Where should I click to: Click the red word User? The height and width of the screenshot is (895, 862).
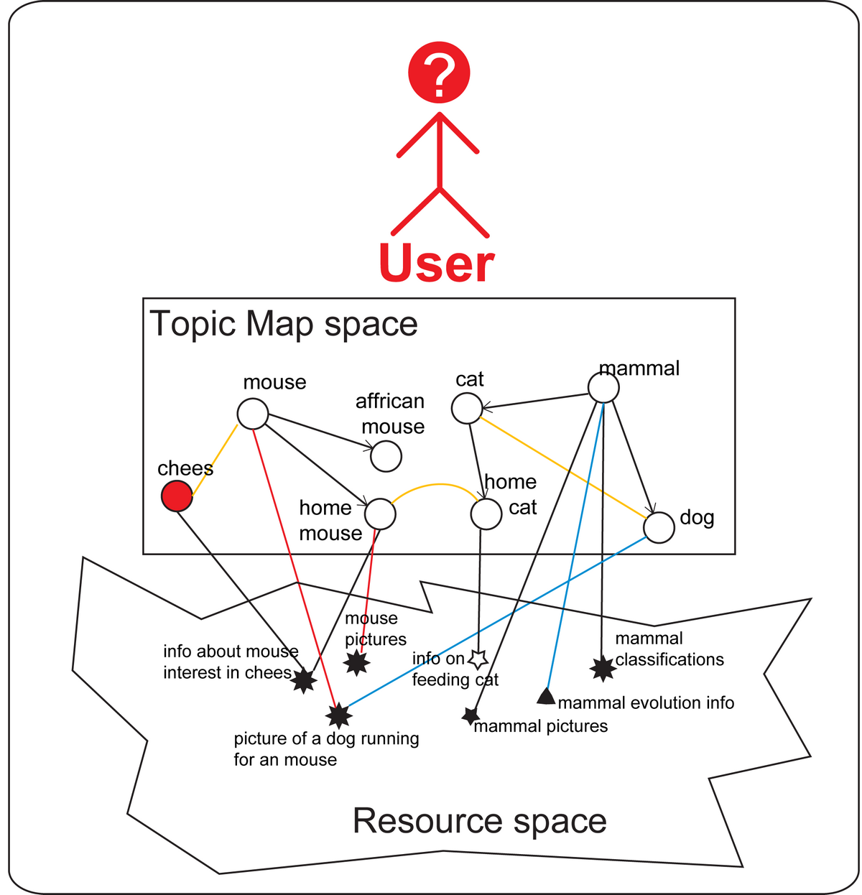[x=437, y=264]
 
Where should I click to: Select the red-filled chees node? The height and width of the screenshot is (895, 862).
[x=177, y=496]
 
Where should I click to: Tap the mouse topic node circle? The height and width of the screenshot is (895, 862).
[x=253, y=414]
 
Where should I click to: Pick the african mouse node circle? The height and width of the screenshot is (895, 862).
[x=386, y=456]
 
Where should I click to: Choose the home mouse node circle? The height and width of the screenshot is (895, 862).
[x=380, y=514]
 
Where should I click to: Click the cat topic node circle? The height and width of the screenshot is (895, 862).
[x=467, y=409]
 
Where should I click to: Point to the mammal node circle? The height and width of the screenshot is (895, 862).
[x=603, y=388]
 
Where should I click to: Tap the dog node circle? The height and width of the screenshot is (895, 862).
[x=659, y=528]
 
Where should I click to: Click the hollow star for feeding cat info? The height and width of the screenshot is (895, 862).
[x=478, y=659]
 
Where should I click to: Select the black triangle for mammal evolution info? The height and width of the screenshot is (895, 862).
[x=547, y=695]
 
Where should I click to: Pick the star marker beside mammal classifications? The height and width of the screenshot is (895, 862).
[x=603, y=669]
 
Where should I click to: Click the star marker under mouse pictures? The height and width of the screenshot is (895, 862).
[x=357, y=662]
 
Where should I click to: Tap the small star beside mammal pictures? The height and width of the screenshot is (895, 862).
[x=471, y=715]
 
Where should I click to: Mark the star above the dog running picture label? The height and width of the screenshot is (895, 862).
[x=338, y=715]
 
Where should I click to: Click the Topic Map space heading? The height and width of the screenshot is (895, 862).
[x=284, y=324]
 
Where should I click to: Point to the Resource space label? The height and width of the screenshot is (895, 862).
[x=479, y=820]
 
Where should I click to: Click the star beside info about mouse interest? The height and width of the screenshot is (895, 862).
[x=305, y=680]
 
